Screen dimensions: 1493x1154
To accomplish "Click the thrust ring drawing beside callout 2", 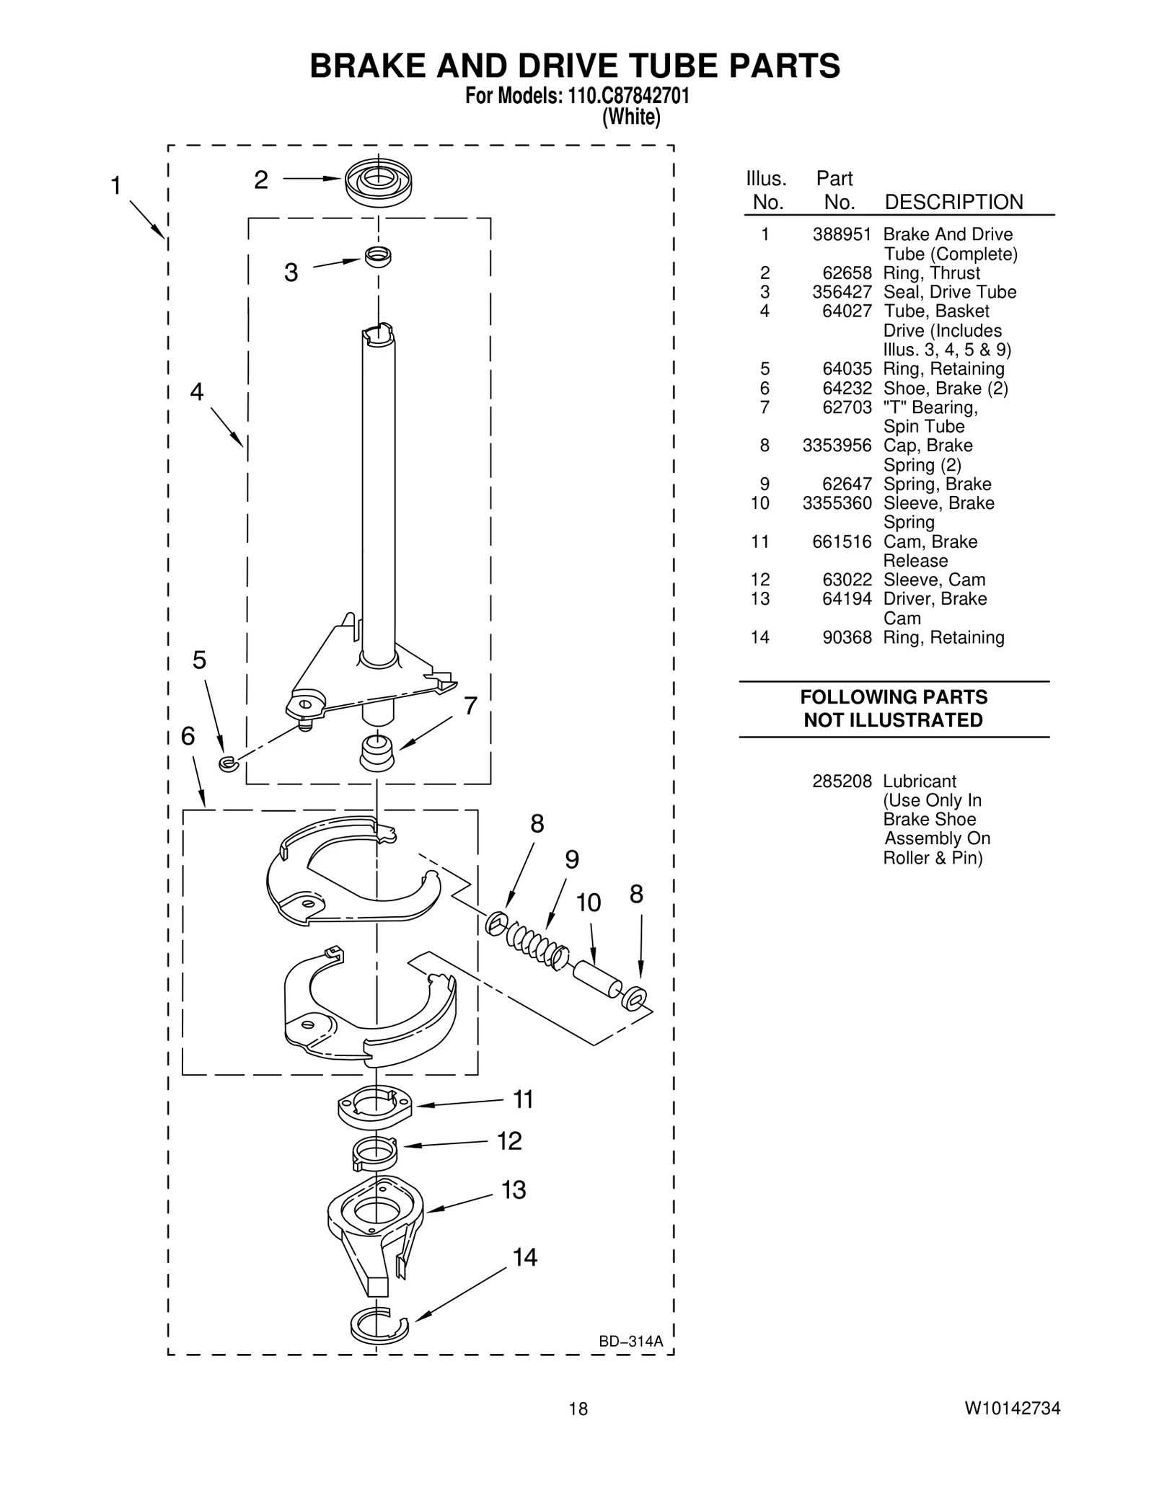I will coord(377,181).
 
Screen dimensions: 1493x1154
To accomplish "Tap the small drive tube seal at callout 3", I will coord(377,256).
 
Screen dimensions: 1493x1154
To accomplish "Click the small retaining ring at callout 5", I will coord(229,763).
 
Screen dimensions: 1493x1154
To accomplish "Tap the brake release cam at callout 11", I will coord(375,1106).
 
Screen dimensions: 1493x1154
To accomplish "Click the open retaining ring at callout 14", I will coord(378,1325).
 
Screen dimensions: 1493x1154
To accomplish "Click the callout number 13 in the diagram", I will coord(514,1189).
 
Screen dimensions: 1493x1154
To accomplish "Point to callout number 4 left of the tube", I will coord(197,392).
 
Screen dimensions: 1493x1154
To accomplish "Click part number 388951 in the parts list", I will coord(842,235).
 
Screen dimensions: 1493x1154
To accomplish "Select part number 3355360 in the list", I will coord(837,503).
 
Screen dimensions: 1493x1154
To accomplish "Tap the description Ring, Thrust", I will coord(931,273).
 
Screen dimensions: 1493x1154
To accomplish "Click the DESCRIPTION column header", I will coord(953,203).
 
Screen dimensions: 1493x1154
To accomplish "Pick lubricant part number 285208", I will coord(842,781).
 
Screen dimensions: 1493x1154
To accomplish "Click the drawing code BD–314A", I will coord(630,1342).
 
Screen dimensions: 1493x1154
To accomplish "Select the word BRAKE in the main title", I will coord(367,66).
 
